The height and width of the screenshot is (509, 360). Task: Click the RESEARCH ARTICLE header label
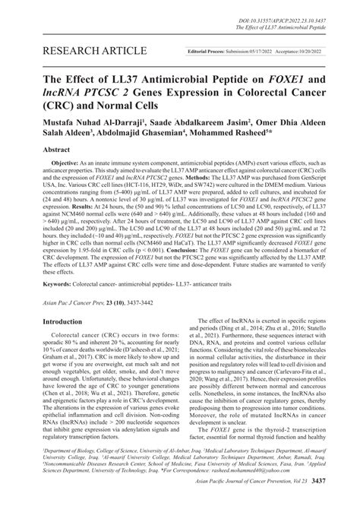pyautogui.click(x=77, y=51)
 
